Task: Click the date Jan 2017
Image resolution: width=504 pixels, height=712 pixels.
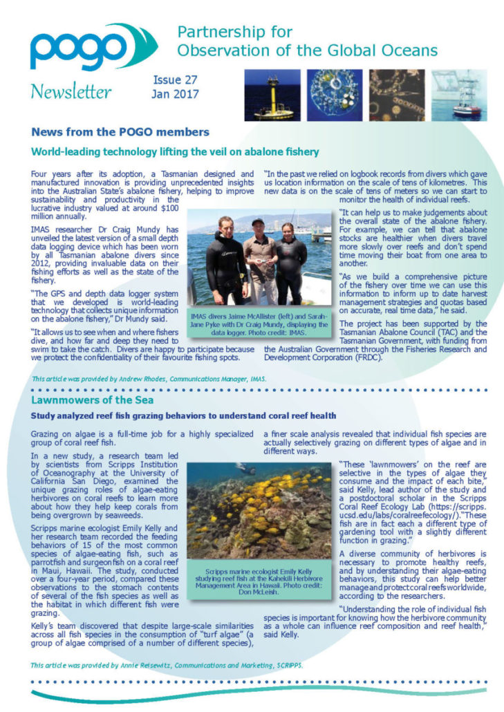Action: pyautogui.click(x=176, y=94)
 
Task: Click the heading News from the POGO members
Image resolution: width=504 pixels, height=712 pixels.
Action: pyautogui.click(x=120, y=131)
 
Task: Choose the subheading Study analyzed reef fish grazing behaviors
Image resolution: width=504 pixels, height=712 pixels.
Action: pyautogui.click(x=183, y=416)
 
